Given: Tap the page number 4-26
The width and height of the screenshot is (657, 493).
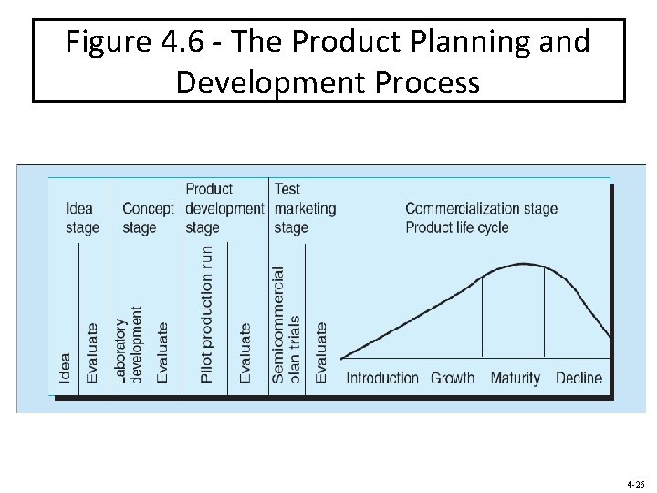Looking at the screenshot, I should pos(635,484).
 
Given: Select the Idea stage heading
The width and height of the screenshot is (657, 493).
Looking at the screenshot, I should pos(82,218).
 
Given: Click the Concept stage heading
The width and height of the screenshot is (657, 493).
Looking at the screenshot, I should pos(148,218).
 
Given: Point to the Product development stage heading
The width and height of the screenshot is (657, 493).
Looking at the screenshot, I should pos(224,208).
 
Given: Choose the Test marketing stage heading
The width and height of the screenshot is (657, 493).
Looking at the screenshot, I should pos(305,208).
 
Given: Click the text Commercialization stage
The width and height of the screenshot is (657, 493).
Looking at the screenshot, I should pos(481,208).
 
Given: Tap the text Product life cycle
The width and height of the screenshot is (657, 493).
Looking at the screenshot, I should pos(456,227).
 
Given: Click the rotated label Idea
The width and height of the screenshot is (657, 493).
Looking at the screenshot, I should pos(65,368).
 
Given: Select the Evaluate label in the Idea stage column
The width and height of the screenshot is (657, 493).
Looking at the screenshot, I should pos(92,352).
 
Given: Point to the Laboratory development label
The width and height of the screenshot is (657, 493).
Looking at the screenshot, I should pos(129,344).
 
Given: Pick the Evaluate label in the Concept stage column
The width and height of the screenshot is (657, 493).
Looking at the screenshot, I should pos(162,352).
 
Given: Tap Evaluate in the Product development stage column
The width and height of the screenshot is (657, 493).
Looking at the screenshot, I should pos(245,352).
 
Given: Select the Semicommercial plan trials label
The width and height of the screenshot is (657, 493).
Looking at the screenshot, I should pos(286,324).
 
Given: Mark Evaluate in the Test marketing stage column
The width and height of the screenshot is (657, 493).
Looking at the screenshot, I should pos(321,352).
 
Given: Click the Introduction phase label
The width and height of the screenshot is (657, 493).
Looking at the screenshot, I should pos(382,378).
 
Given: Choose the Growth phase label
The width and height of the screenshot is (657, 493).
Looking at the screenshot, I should pos(453,378).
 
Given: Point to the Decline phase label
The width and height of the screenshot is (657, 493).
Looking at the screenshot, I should pos(579,378).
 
